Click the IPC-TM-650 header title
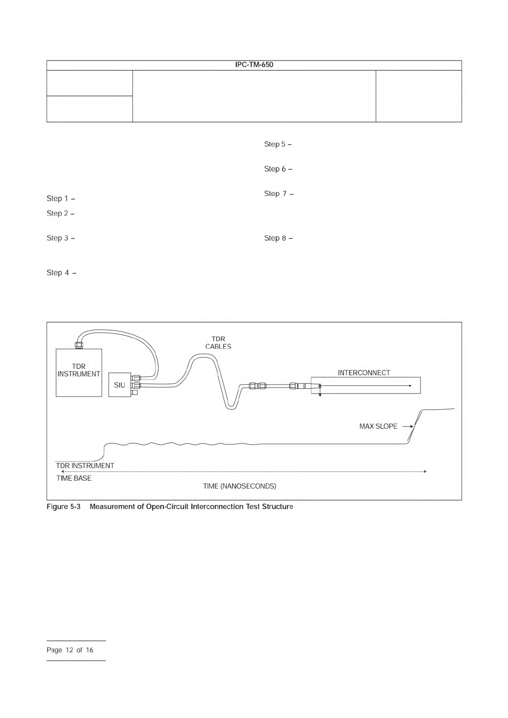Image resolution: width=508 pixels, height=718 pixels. (254, 65)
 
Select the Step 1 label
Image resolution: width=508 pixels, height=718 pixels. (61, 199)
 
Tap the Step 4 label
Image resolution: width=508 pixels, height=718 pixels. (61, 273)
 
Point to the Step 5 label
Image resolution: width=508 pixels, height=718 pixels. (278, 145)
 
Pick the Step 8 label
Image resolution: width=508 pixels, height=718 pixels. (278, 238)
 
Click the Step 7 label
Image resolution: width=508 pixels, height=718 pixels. (279, 194)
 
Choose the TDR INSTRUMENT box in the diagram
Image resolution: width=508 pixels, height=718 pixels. (79, 372)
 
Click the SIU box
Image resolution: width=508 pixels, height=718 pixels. (119, 385)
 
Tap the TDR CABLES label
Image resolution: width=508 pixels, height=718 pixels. (218, 343)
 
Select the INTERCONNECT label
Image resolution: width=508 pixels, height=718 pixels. (364, 373)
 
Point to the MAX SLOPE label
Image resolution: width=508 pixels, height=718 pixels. (378, 426)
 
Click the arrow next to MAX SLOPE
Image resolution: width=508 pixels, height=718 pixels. (407, 426)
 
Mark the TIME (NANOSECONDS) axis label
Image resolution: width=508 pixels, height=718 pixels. (239, 486)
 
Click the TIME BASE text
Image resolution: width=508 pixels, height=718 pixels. (74, 478)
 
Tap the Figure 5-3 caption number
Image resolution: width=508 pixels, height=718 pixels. (64, 507)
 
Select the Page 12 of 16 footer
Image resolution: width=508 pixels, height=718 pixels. (70, 650)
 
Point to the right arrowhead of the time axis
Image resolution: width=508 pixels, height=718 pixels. (425, 472)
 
